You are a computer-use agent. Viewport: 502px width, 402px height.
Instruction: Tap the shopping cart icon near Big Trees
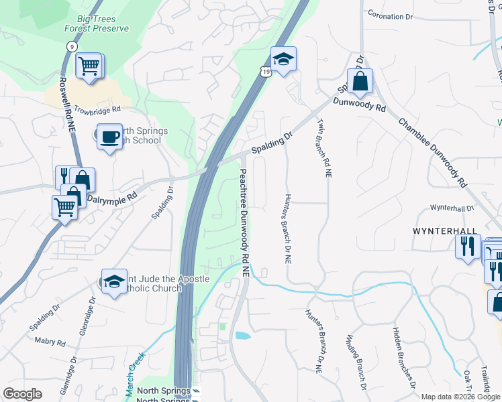pyautogui.click(x=88, y=66)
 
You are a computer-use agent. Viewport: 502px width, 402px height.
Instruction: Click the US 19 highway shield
pyautogui.click(x=266, y=71)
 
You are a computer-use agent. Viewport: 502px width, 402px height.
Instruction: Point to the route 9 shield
pyautogui.click(x=70, y=46)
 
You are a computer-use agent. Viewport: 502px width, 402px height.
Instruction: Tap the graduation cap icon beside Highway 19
pyautogui.click(x=284, y=60)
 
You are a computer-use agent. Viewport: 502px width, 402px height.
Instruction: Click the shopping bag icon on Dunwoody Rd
pyautogui.click(x=360, y=82)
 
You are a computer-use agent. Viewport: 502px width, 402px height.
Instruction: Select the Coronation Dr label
pyautogui.click(x=391, y=15)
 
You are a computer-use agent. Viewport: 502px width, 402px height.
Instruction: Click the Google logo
pyautogui.click(x=22, y=394)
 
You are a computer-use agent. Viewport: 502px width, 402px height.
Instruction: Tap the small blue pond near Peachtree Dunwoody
pyautogui.click(x=242, y=334)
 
